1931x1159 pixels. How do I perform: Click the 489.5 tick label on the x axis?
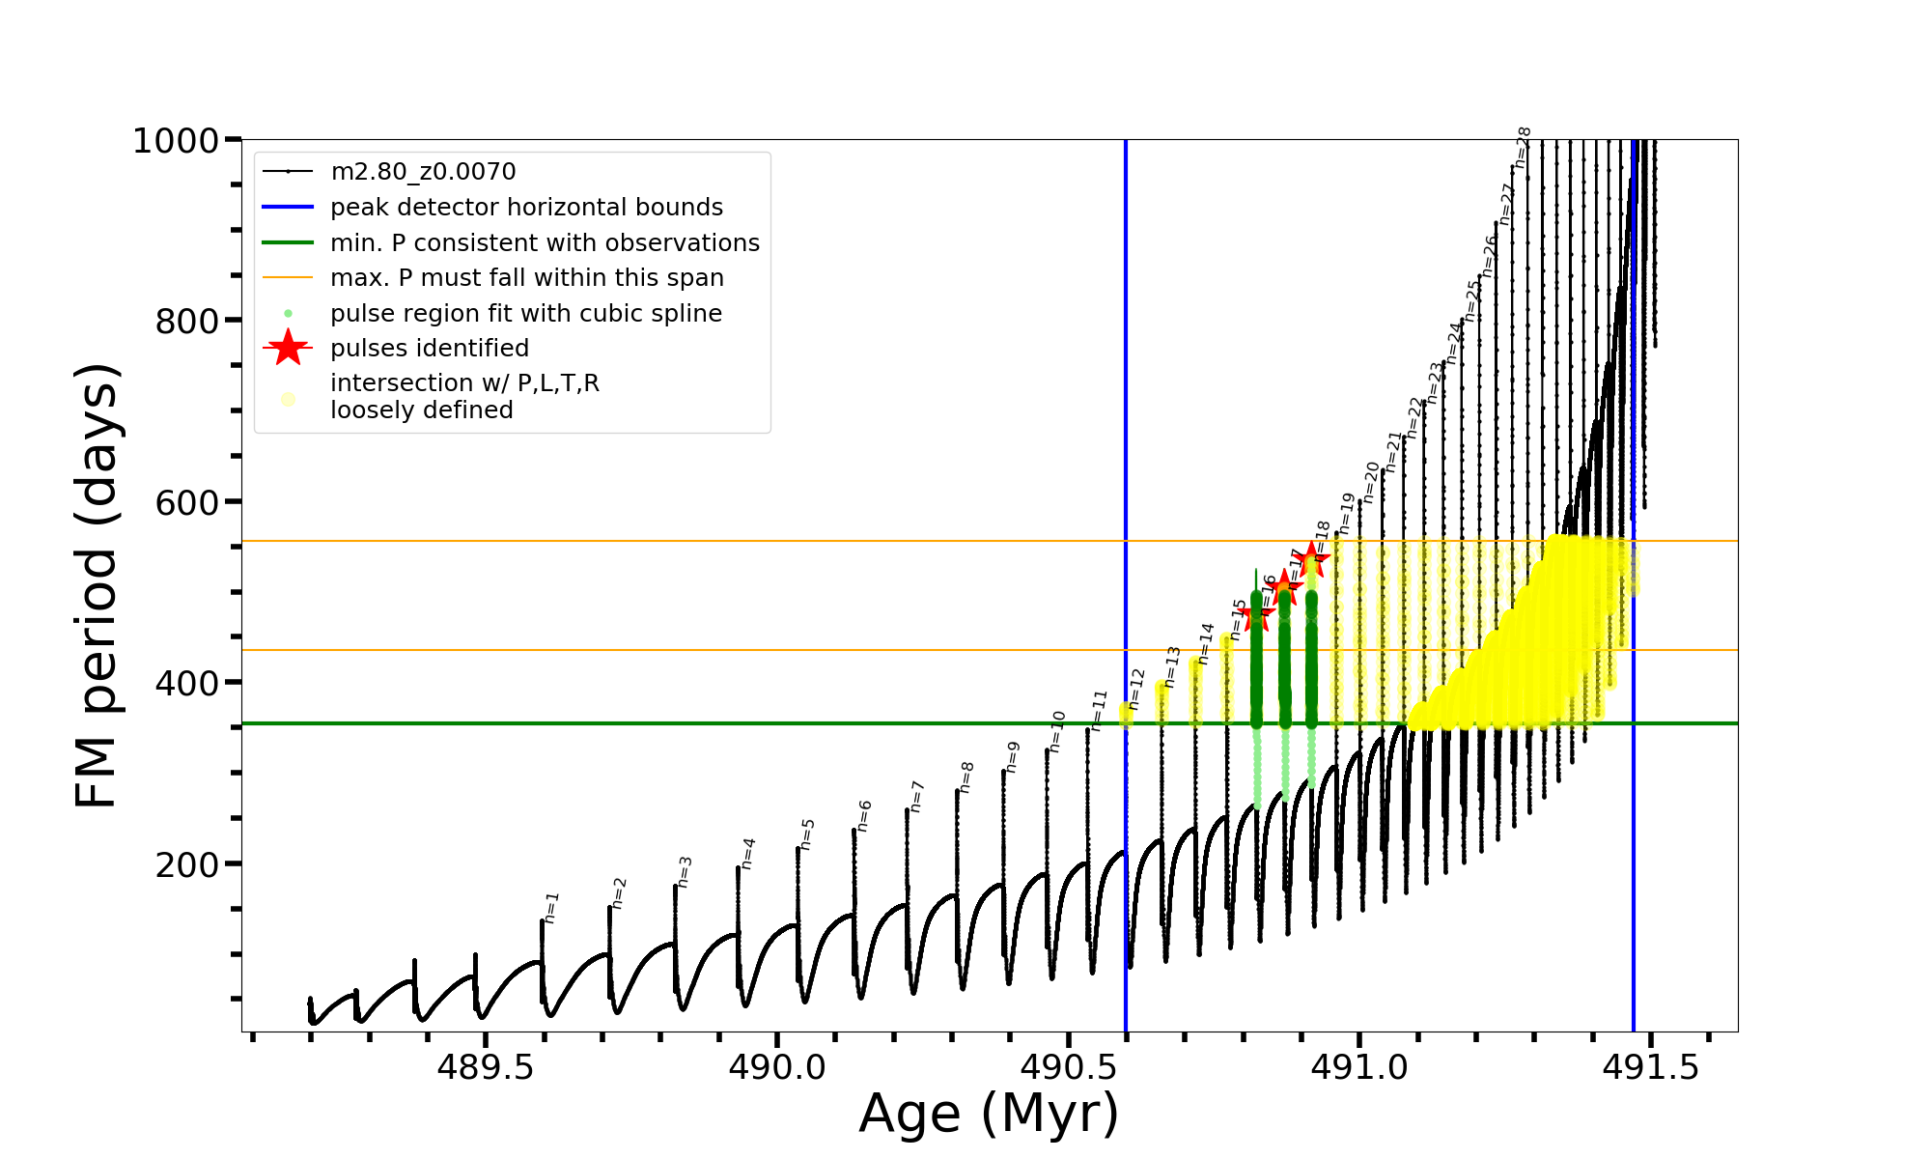click(485, 1067)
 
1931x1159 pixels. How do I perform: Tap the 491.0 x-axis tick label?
click(1358, 1067)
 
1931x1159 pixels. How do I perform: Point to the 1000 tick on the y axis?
click(176, 141)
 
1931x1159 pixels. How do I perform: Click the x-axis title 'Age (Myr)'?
click(989, 1114)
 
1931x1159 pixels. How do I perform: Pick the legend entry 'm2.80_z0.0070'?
click(423, 172)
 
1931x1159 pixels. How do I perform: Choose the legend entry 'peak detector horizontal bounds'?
click(526, 208)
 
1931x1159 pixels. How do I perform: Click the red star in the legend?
click(288, 348)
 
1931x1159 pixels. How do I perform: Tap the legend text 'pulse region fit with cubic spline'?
click(526, 314)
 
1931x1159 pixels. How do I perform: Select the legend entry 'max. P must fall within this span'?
click(526, 278)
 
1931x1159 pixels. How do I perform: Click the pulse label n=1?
click(551, 908)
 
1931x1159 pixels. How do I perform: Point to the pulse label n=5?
click(808, 834)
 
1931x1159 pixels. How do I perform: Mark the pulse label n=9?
click(1012, 757)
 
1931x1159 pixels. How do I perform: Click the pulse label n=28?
click(1523, 148)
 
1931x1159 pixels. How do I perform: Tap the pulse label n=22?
click(1415, 417)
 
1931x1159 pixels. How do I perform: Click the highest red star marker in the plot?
click(1311, 557)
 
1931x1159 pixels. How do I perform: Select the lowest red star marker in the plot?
click(1256, 613)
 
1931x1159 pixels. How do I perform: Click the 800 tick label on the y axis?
click(187, 322)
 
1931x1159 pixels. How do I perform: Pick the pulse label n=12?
click(1136, 689)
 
